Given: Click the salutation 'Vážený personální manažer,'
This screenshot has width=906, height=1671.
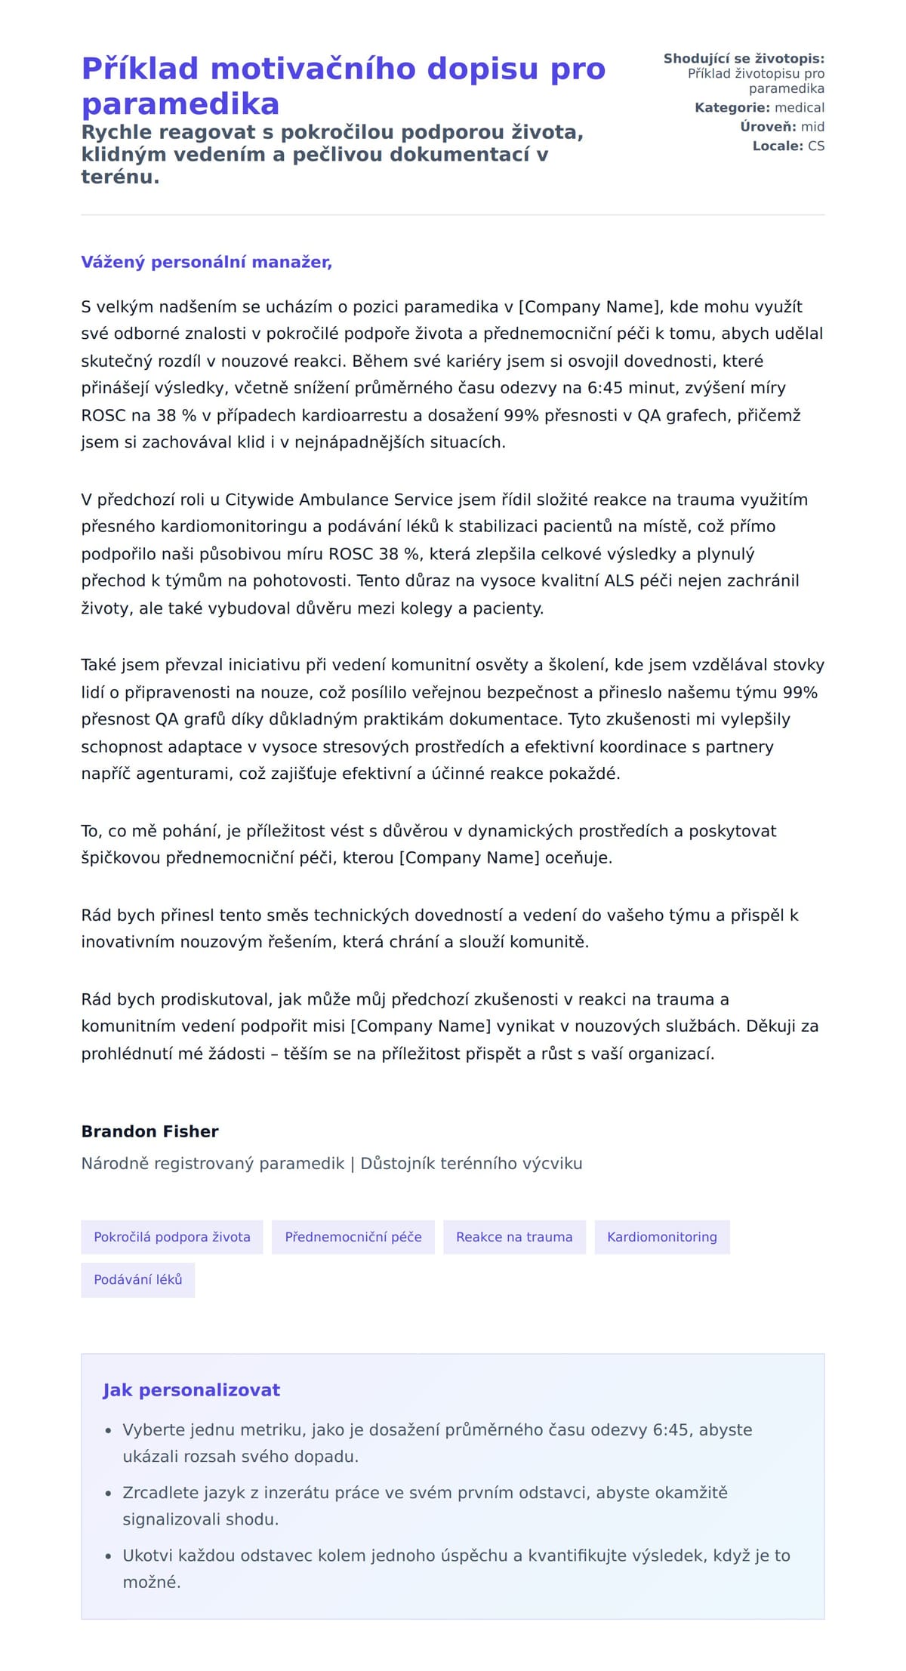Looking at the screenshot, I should [x=206, y=262].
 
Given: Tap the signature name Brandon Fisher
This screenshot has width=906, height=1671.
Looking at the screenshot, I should [x=149, y=1131].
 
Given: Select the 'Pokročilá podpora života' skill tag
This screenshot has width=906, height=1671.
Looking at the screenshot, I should [x=172, y=1237].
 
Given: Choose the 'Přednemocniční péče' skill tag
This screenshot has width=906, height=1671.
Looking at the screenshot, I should [x=353, y=1237].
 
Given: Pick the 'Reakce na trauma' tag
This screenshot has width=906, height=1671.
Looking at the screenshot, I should [x=514, y=1237].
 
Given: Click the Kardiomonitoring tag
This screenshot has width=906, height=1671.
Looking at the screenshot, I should [x=662, y=1237].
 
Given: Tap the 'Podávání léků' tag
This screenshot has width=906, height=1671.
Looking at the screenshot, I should [x=138, y=1280].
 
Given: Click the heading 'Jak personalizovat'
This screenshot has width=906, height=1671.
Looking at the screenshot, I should [x=191, y=1390].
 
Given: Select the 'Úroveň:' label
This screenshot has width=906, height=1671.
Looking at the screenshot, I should [x=768, y=127].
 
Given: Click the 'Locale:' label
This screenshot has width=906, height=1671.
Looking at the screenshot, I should [x=778, y=146].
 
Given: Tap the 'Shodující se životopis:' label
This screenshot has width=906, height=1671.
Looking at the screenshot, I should [x=744, y=59].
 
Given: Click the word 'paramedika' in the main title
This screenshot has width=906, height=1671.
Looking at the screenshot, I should [x=180, y=104].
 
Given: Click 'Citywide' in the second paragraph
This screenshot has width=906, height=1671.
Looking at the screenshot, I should [x=260, y=500].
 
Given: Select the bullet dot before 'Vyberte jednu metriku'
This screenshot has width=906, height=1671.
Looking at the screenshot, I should [x=109, y=1430].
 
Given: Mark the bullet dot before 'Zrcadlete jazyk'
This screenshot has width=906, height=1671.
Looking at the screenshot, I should [x=109, y=1493].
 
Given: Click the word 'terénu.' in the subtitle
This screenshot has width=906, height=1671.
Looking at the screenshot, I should [x=120, y=177].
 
